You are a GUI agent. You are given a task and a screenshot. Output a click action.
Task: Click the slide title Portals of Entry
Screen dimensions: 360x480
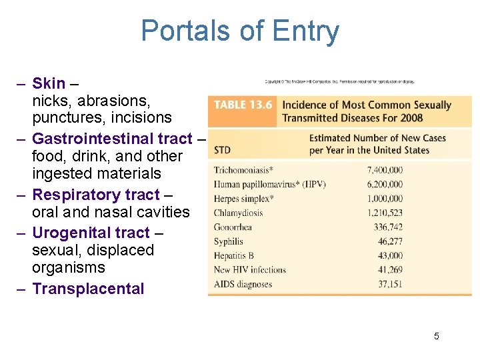coord(240,31)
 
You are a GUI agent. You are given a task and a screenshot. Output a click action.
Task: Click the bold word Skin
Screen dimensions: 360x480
coord(49,83)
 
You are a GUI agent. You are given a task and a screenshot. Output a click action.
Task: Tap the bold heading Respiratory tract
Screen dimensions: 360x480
coord(96,195)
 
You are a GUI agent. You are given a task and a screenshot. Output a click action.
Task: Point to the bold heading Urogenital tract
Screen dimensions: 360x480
coord(91,233)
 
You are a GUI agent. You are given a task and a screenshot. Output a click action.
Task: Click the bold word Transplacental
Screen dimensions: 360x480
coord(88,289)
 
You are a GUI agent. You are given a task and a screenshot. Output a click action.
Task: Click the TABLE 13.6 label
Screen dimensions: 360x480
coord(243,105)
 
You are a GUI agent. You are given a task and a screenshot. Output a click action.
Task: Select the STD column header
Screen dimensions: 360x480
coord(223,150)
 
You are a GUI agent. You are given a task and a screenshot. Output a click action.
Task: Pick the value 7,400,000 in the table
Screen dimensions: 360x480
coord(385,170)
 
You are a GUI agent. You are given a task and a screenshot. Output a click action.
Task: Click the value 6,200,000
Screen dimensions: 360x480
coord(385,184)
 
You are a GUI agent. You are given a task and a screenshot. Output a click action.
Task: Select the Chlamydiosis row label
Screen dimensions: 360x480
coord(238,213)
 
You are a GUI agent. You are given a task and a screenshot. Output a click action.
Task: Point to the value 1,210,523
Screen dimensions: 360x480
coord(385,213)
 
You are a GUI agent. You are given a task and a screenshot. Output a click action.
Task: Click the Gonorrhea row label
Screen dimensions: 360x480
coord(233,227)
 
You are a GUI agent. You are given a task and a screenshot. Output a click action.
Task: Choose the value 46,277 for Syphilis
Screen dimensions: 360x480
coord(389,241)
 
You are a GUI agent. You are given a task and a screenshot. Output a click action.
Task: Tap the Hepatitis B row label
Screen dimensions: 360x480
coord(234,255)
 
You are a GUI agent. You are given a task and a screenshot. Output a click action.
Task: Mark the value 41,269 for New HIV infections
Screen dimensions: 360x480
coord(389,270)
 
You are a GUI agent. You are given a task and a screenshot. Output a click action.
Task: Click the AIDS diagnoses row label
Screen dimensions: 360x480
coord(243,284)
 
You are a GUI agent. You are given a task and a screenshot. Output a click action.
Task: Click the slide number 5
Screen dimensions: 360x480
coord(437,336)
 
